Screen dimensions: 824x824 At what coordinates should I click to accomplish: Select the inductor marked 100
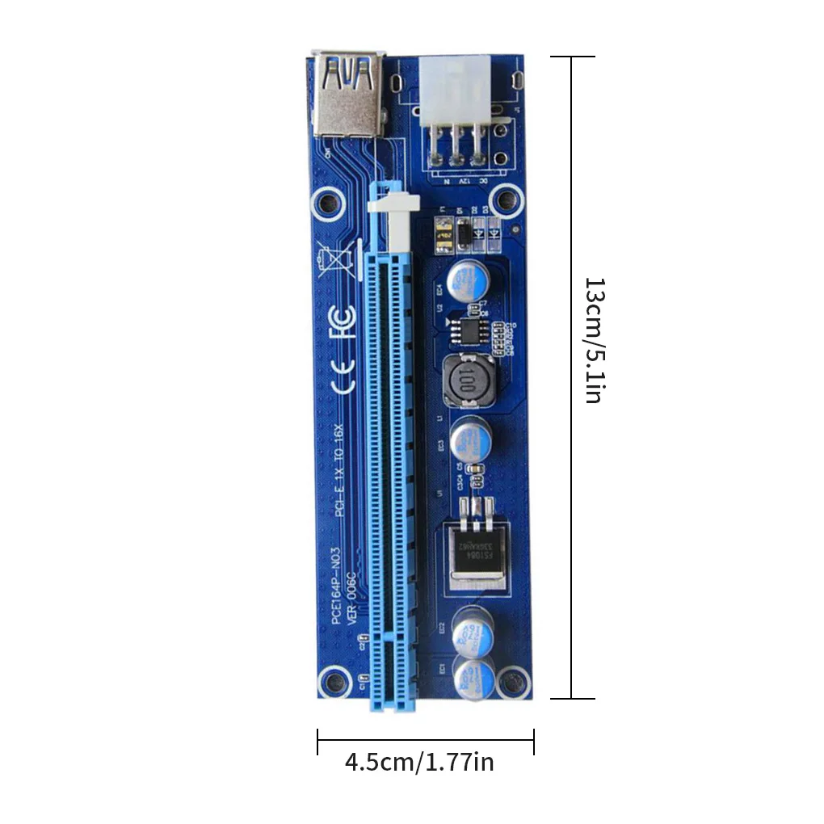coord(466,379)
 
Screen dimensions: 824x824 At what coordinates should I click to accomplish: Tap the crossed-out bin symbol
coord(338,263)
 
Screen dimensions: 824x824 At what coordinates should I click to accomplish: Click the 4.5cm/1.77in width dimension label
coord(419,762)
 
